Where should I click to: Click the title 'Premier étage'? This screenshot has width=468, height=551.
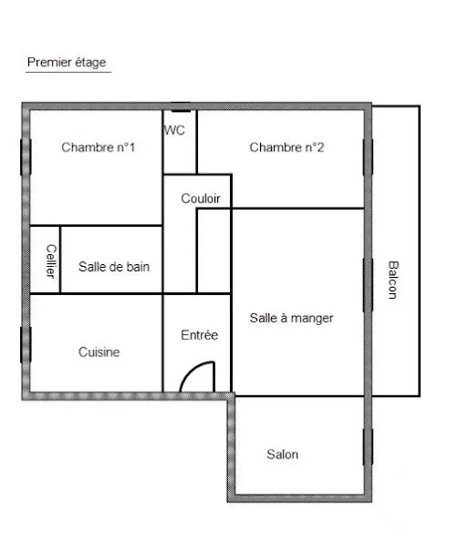click(67, 62)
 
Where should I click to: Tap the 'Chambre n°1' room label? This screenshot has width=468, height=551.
click(99, 148)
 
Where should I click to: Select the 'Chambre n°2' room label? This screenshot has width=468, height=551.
click(286, 148)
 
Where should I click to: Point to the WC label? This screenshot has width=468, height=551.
click(174, 130)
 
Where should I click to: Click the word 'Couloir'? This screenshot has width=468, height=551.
click(201, 199)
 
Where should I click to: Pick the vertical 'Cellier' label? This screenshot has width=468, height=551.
click(51, 261)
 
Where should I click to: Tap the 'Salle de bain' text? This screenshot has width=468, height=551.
click(114, 267)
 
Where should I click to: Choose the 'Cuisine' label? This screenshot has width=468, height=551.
click(99, 352)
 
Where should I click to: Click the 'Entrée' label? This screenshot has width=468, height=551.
click(200, 335)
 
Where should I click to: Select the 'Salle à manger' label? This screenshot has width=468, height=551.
click(291, 319)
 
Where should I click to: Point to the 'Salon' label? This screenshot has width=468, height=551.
click(283, 454)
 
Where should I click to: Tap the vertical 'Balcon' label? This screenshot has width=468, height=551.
click(393, 281)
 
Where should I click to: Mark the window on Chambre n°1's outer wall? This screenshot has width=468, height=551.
click(26, 157)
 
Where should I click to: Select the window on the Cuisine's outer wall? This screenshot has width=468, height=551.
click(26, 344)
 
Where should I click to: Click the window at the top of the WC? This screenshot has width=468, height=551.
click(181, 107)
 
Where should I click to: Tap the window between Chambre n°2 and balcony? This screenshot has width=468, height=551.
click(368, 157)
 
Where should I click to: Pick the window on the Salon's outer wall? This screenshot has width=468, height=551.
click(368, 447)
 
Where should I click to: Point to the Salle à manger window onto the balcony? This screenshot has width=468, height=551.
click(368, 285)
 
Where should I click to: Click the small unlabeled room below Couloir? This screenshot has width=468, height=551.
click(213, 250)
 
